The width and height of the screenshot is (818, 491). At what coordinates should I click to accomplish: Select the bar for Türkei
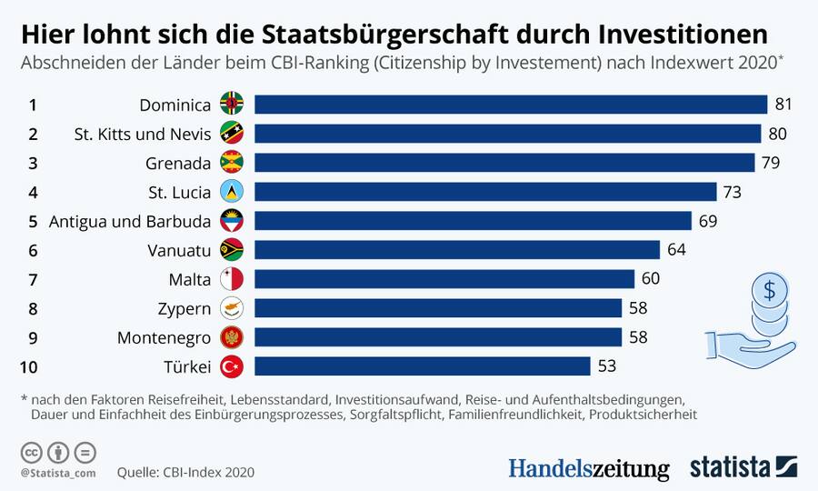tap(422, 366)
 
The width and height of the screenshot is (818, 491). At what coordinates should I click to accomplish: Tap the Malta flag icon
tap(232, 279)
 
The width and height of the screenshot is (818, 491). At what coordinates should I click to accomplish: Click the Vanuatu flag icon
tap(232, 250)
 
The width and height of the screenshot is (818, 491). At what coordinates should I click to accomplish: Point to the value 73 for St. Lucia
tap(733, 192)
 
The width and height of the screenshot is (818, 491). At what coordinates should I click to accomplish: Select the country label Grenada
tap(179, 163)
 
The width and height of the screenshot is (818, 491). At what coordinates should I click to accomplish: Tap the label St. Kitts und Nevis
tap(143, 134)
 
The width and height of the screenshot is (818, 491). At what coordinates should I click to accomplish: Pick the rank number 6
tap(33, 250)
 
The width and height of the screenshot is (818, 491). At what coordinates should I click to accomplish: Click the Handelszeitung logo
tap(588, 468)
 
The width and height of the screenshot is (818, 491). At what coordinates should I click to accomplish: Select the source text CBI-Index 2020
tap(208, 472)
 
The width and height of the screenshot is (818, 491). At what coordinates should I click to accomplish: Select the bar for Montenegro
tap(437, 337)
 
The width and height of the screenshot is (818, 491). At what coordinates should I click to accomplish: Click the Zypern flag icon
tap(232, 308)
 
